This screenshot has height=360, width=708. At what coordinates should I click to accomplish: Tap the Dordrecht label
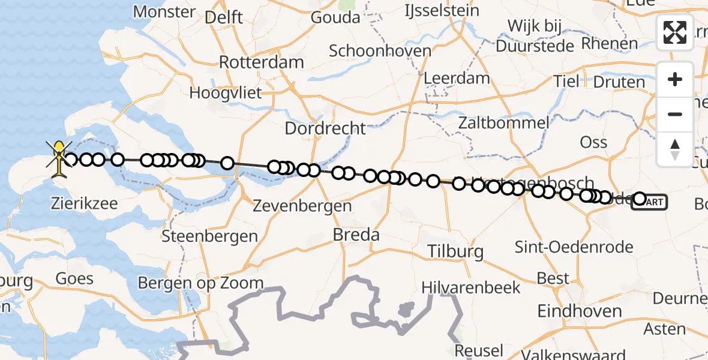pos(325,128)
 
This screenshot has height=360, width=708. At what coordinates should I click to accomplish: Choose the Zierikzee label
pos(85,203)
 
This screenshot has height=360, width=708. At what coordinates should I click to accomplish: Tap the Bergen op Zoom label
pos(200,283)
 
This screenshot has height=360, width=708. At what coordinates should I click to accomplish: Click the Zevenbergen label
pos(302,206)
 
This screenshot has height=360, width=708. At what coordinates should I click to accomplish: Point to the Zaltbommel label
pos(503,124)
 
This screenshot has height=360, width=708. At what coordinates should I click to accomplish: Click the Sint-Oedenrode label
pos(575,247)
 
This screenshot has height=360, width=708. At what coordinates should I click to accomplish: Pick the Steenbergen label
pos(210,236)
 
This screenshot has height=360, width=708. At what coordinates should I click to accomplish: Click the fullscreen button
pos(675,32)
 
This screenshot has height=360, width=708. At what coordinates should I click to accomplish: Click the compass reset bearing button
pos(675,149)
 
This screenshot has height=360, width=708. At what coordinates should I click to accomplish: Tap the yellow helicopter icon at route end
pos(59,157)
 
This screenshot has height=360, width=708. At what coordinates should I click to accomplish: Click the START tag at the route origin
pos(650,203)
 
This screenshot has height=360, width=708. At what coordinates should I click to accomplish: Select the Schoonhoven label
pos(380,50)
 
